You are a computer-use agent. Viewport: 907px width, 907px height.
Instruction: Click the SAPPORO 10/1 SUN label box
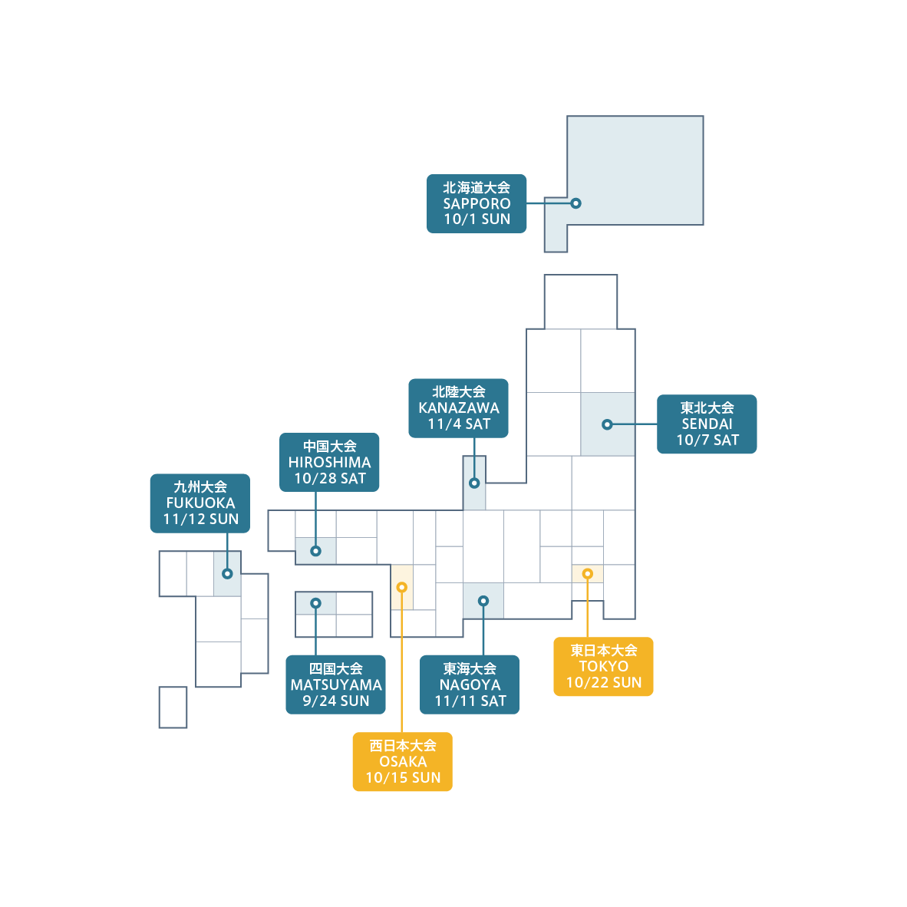pos(477,203)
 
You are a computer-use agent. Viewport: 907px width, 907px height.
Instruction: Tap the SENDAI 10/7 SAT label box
pos(707,424)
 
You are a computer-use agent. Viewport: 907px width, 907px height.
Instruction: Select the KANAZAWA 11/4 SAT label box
pos(458,408)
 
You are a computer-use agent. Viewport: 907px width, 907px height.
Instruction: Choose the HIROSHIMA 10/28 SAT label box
pos(329,463)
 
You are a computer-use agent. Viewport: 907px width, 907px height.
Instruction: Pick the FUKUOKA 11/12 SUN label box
pos(200,503)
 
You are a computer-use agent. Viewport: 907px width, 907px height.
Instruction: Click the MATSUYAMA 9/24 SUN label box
pos(335,684)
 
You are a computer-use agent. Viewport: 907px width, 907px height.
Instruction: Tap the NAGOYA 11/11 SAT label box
pos(470,684)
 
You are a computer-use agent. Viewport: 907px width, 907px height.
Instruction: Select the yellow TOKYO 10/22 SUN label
pos(603,667)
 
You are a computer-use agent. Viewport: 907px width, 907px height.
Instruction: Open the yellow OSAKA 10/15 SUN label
pos(402,762)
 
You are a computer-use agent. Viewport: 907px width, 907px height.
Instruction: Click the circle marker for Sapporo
pos(576,203)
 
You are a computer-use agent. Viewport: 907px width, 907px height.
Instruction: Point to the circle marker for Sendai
pos(607,424)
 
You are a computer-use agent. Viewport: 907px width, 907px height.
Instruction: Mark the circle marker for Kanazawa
pos(474,483)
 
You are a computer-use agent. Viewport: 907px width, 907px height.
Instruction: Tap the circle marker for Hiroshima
pos(315,551)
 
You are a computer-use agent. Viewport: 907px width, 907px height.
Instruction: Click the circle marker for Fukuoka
pos(227,574)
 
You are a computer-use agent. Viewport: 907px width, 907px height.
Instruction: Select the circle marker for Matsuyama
pos(315,603)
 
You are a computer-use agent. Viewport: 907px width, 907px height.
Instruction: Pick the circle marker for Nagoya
pos(483,601)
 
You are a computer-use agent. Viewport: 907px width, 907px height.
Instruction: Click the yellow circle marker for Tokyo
pos(587,574)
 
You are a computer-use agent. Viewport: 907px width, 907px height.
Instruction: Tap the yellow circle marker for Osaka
pos(401,587)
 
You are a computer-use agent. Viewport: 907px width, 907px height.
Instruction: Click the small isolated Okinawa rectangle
pos(173,707)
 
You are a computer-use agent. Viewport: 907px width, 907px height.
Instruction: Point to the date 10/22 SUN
pos(603,683)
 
